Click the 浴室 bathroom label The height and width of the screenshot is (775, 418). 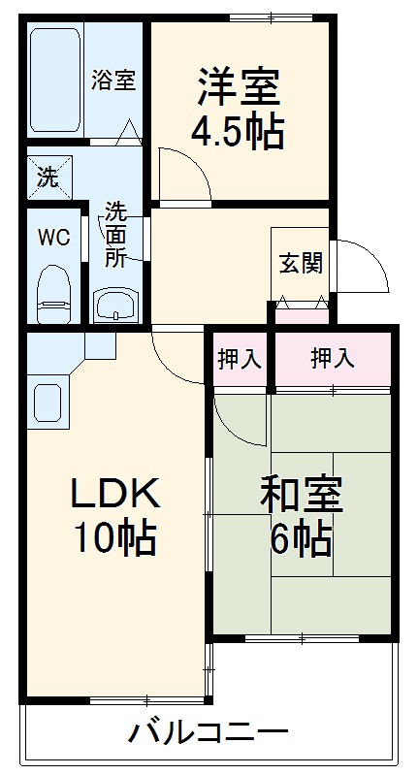click(x=113, y=81)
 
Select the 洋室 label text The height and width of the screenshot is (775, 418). click(x=239, y=89)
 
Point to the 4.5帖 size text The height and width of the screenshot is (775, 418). click(x=239, y=132)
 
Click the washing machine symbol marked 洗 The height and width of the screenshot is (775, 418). click(x=47, y=177)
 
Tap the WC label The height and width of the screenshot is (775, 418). click(x=53, y=238)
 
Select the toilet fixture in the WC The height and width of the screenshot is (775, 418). click(x=53, y=292)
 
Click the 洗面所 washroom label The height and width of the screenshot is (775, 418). click(x=115, y=234)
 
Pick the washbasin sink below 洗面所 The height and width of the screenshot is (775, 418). click(x=116, y=305)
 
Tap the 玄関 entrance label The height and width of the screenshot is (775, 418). click(x=301, y=263)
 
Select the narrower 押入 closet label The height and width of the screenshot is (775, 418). click(x=238, y=359)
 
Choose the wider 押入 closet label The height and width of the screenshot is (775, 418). click(x=332, y=359)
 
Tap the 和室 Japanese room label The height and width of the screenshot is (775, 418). click(x=300, y=495)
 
